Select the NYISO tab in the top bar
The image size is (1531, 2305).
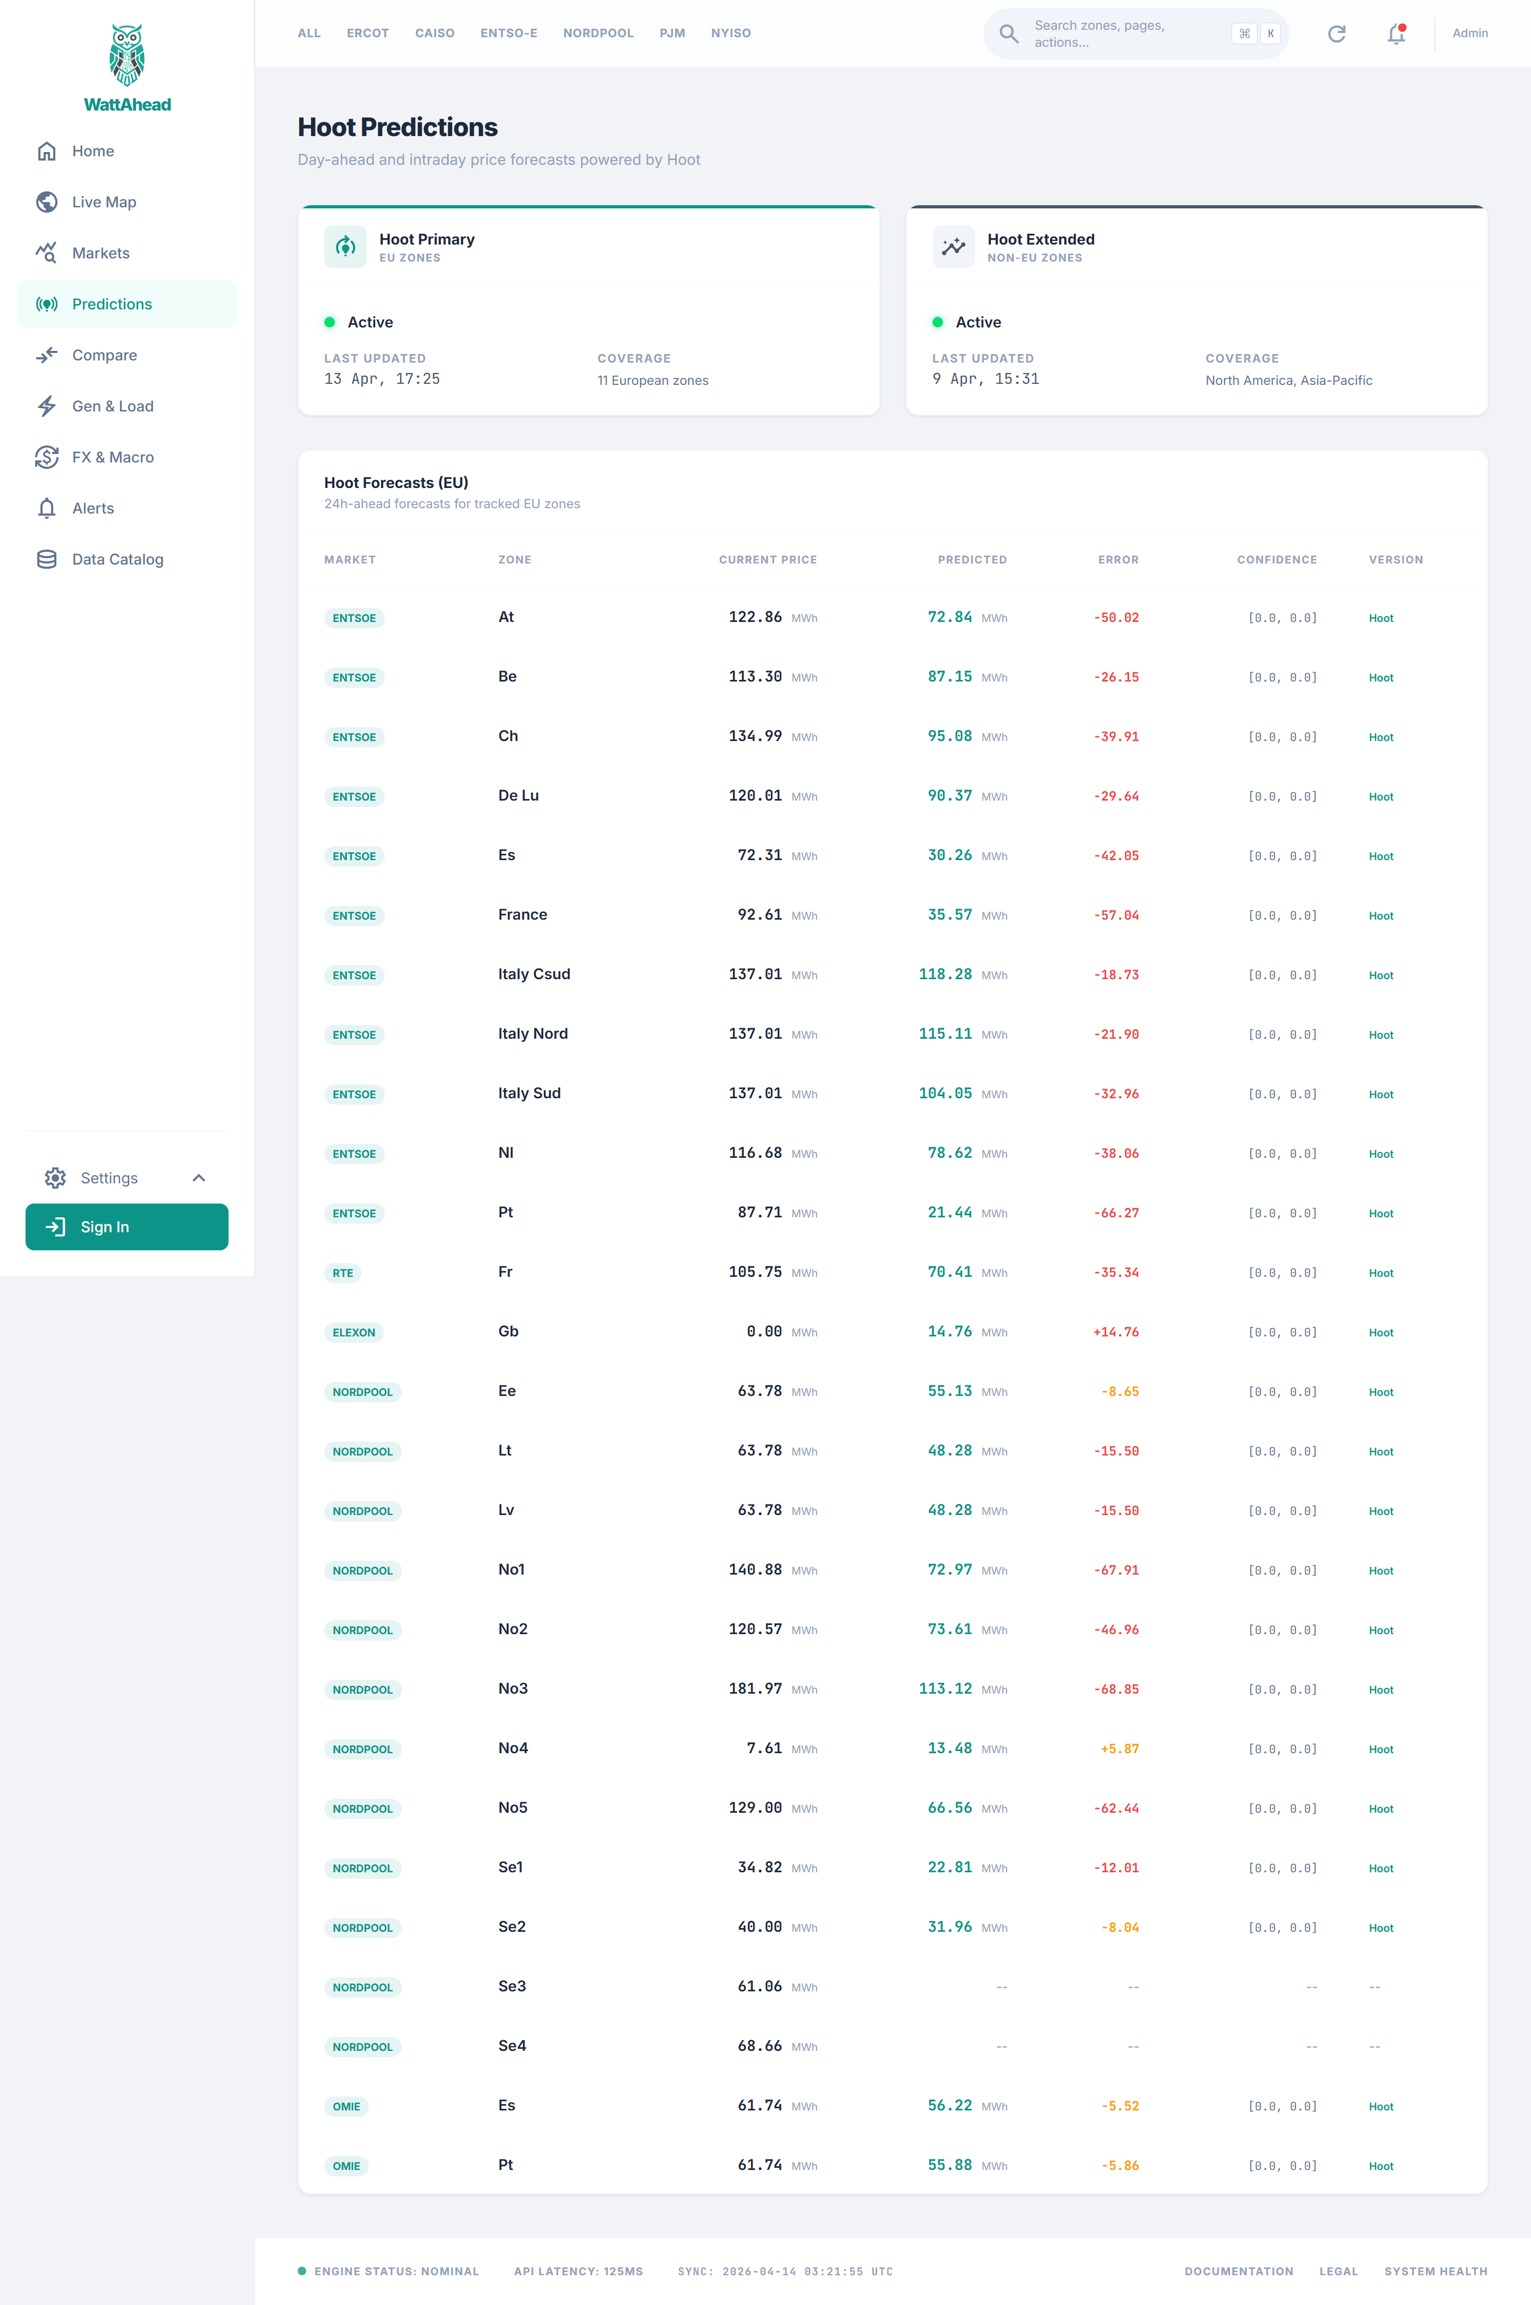click(x=730, y=33)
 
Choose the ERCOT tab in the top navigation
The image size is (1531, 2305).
click(x=368, y=33)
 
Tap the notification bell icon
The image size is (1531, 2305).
click(x=1397, y=34)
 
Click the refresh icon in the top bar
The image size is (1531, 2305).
click(x=1336, y=34)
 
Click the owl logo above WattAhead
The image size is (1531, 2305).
click(x=127, y=56)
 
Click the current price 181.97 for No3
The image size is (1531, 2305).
click(x=755, y=1689)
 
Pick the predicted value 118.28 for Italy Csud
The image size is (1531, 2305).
click(x=945, y=974)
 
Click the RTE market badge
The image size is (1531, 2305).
click(x=343, y=1273)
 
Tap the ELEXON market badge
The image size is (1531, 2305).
click(x=354, y=1333)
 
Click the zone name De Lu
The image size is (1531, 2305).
click(x=518, y=796)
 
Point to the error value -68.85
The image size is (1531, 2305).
click(x=1116, y=1689)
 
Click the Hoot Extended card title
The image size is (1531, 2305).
click(x=1041, y=239)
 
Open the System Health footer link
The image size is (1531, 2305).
click(x=1435, y=2272)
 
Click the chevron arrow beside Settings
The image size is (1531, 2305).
click(x=199, y=1179)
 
